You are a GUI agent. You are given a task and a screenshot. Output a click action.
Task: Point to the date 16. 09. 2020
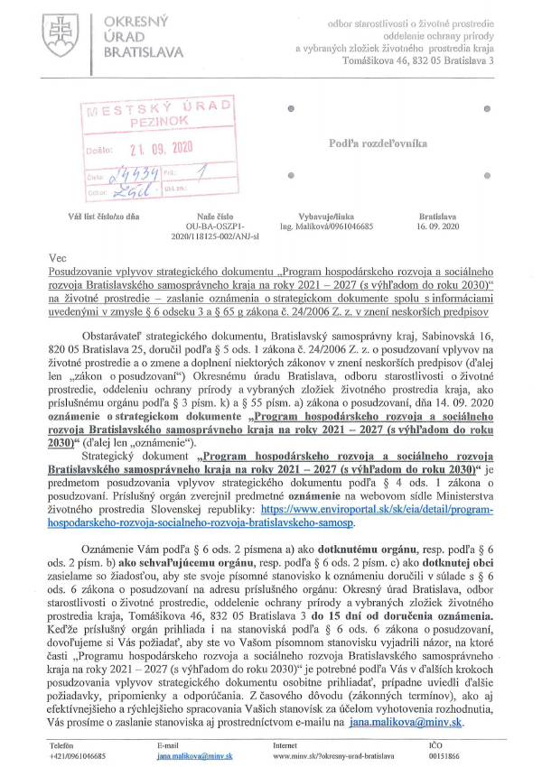(439, 227)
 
